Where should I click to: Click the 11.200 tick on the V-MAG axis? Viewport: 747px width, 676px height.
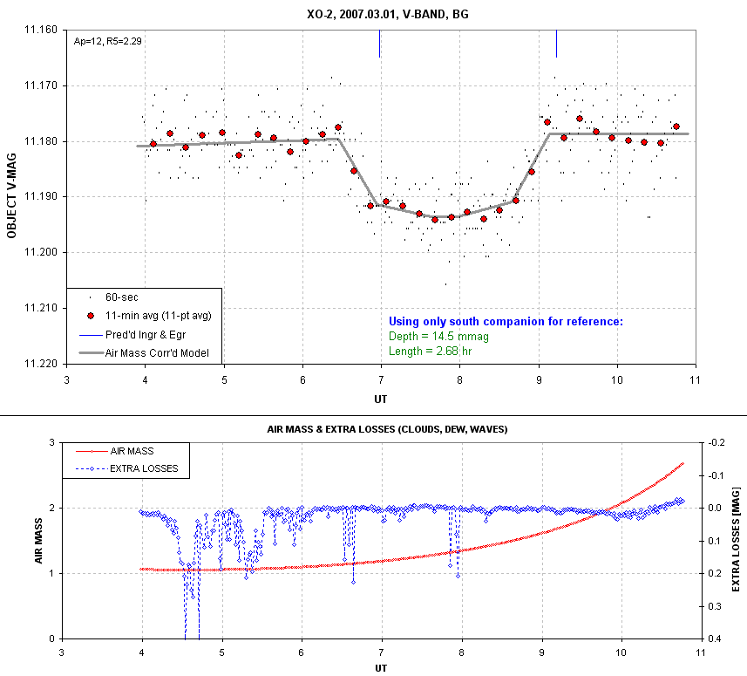click(x=39, y=252)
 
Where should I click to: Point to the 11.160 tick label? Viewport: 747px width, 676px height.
click(x=39, y=30)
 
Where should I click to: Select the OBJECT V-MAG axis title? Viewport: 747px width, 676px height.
click(x=11, y=196)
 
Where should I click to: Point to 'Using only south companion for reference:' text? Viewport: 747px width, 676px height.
click(x=506, y=321)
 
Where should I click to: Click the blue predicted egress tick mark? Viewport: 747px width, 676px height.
click(x=556, y=43)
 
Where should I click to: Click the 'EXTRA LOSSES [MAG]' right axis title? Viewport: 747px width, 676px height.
click(x=737, y=541)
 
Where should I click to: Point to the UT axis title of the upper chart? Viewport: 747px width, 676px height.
click(x=380, y=398)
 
